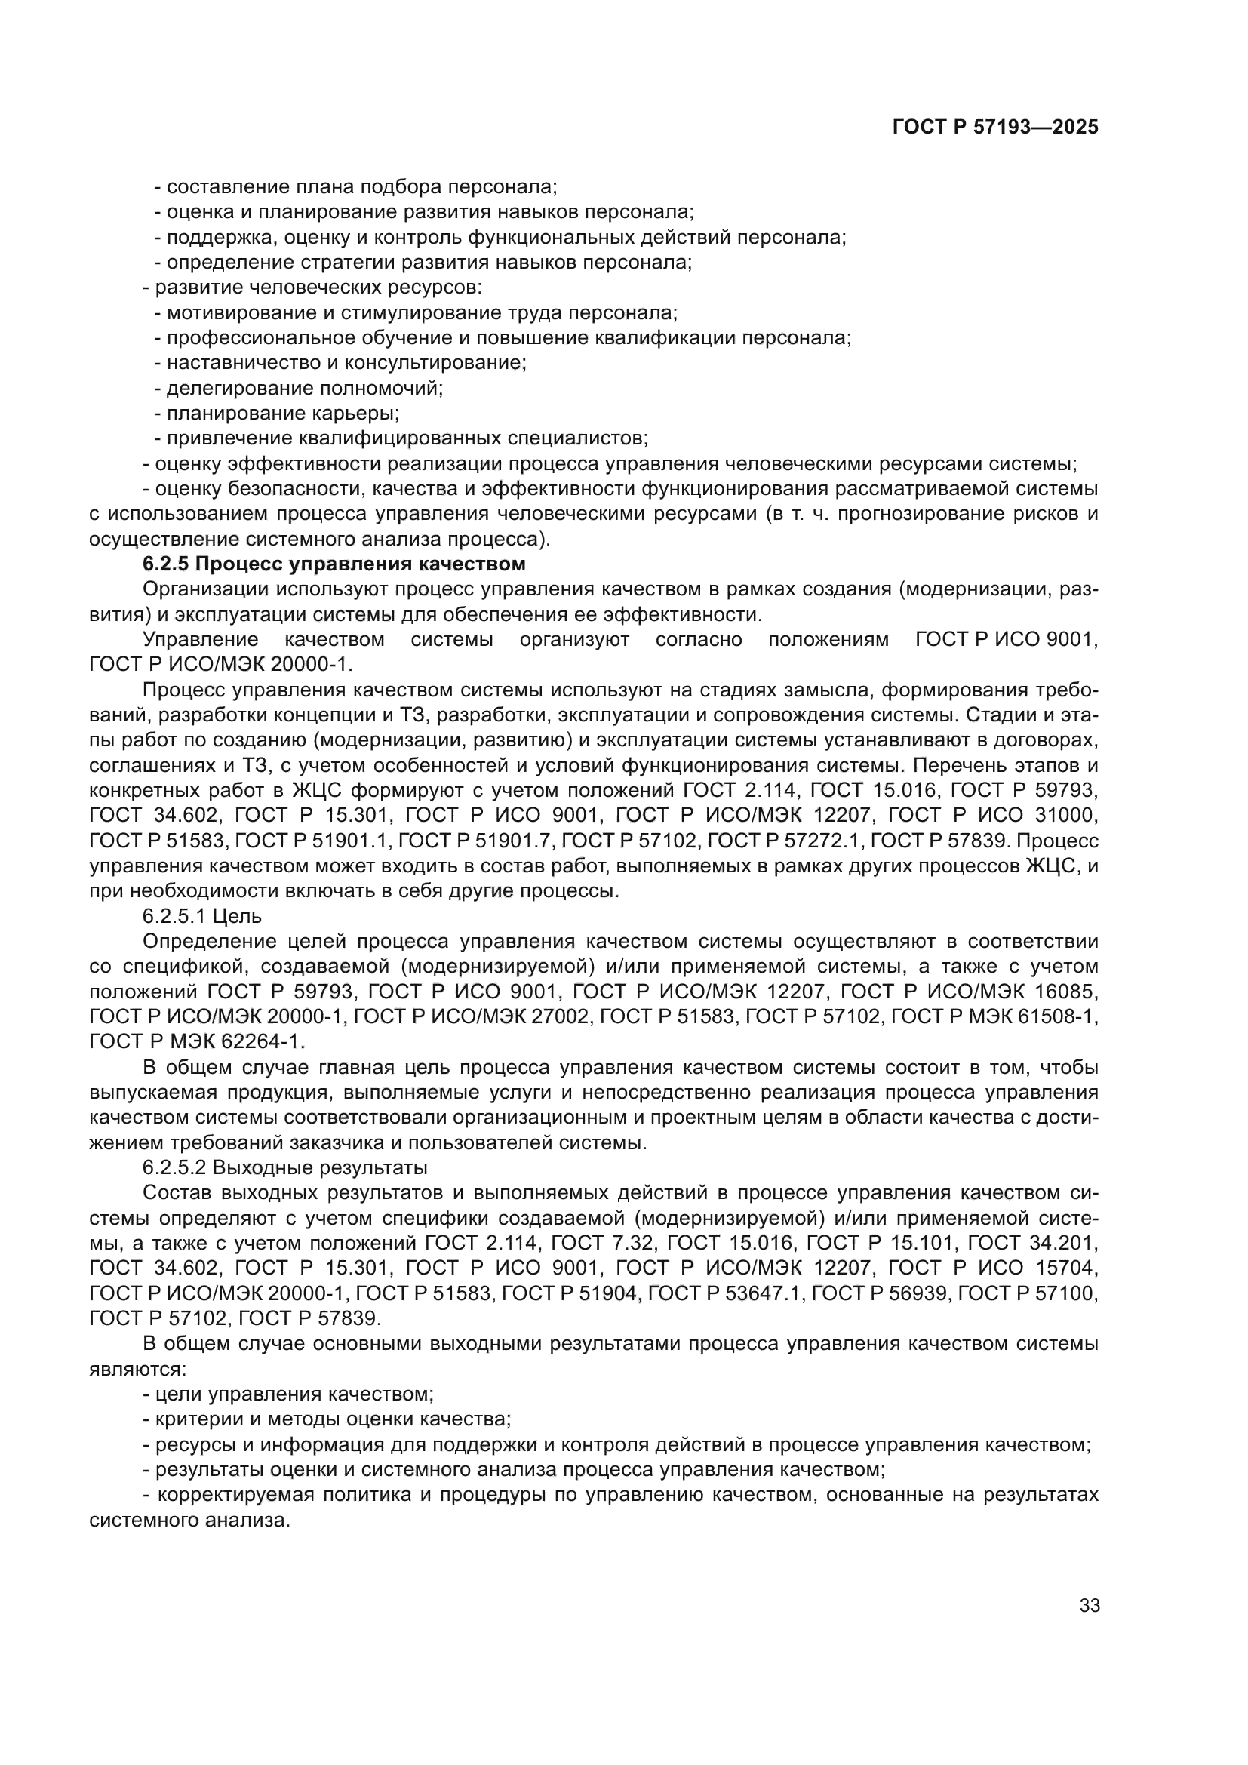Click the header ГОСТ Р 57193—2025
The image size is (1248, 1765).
pyautogui.click(x=994, y=128)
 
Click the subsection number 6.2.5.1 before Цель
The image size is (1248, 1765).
pyautogui.click(x=174, y=915)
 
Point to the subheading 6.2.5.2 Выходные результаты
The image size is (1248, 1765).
pyautogui.click(x=284, y=1167)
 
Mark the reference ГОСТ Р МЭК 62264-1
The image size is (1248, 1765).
pyautogui.click(x=196, y=1041)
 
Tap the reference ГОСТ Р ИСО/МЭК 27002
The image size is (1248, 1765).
pyautogui.click(x=472, y=1016)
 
